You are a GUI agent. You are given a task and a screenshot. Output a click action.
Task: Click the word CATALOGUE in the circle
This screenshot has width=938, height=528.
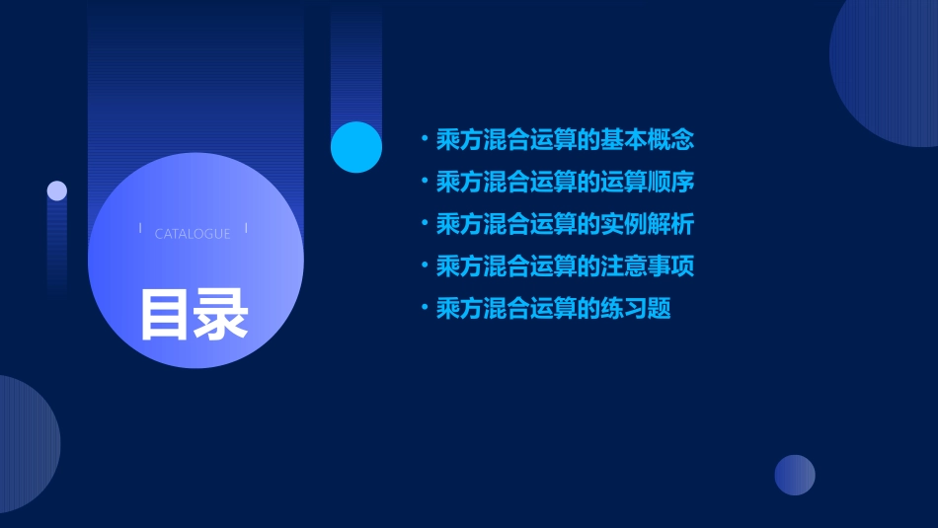click(193, 234)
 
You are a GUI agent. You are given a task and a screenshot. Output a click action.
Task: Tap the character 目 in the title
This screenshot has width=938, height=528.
click(165, 315)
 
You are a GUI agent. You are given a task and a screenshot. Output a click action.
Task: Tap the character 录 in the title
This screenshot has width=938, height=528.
click(221, 315)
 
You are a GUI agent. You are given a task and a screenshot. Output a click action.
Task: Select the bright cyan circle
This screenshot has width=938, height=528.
click(356, 147)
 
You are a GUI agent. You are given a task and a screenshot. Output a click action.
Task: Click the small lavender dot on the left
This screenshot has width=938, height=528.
click(57, 190)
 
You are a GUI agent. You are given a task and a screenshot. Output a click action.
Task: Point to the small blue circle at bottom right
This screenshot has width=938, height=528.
click(795, 475)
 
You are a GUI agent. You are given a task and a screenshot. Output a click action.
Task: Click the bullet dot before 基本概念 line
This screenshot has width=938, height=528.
click(425, 139)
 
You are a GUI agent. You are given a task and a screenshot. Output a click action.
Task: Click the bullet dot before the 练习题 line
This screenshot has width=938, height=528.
click(425, 309)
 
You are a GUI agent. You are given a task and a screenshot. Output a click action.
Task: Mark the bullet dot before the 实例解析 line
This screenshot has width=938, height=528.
click(425, 224)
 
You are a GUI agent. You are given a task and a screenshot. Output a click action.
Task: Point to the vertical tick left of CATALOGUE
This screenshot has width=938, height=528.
click(140, 229)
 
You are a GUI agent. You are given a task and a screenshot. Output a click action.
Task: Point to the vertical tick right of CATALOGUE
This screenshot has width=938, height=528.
click(246, 229)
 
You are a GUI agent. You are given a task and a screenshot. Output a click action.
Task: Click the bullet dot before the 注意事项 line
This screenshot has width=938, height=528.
click(425, 266)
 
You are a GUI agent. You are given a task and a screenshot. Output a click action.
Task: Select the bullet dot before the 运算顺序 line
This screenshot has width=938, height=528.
click(425, 182)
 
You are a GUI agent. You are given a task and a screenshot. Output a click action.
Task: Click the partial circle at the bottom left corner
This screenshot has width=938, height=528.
click(24, 444)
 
